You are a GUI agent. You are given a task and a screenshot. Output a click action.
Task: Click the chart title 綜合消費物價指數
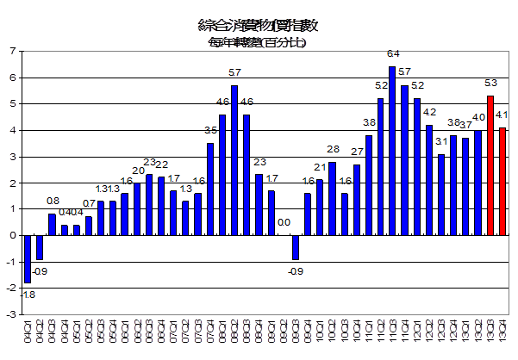(x=259, y=23)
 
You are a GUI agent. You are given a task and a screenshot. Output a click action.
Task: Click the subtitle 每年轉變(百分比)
(x=259, y=40)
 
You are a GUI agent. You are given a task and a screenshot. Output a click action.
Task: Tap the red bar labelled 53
(x=490, y=165)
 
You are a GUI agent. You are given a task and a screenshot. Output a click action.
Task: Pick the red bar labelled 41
(x=502, y=181)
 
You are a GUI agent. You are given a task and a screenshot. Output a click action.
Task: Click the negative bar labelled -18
(x=28, y=258)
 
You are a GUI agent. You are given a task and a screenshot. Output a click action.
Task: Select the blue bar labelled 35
(x=209, y=189)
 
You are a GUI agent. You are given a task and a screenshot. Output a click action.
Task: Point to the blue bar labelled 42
(x=429, y=180)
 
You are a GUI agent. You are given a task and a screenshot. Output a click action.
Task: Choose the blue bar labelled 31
(x=441, y=195)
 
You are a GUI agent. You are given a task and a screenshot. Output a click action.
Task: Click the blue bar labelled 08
(x=52, y=224)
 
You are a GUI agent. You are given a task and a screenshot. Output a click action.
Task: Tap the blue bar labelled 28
(x=332, y=198)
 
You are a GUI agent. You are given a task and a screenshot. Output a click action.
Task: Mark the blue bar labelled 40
(x=477, y=183)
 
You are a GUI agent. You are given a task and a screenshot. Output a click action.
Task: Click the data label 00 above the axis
(x=284, y=222)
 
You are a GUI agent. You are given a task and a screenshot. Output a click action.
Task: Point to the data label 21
(x=320, y=167)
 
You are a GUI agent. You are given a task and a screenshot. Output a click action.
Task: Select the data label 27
(x=356, y=152)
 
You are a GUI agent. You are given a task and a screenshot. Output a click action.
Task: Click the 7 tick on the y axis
(x=11, y=52)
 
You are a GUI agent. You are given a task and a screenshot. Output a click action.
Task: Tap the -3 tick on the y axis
(x=9, y=314)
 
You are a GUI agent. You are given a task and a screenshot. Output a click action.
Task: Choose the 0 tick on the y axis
(x=11, y=235)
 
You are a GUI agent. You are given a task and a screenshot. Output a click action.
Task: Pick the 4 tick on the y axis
(x=11, y=130)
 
